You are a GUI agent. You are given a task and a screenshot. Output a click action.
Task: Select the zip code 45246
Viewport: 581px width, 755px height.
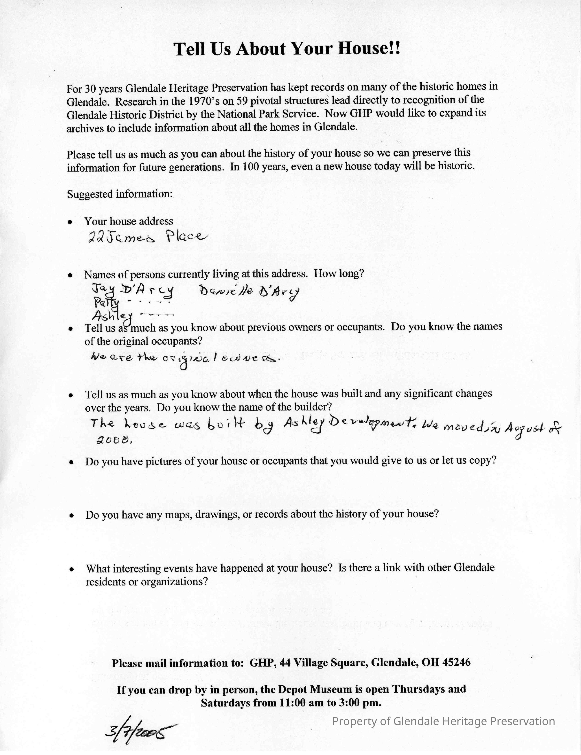click(456, 662)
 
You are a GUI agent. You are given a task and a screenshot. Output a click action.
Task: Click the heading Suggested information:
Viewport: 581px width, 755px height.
click(120, 194)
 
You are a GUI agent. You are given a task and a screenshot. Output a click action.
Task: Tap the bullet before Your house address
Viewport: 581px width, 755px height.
click(70, 222)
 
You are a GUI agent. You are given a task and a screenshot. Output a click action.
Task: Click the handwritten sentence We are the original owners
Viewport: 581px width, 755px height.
click(183, 358)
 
